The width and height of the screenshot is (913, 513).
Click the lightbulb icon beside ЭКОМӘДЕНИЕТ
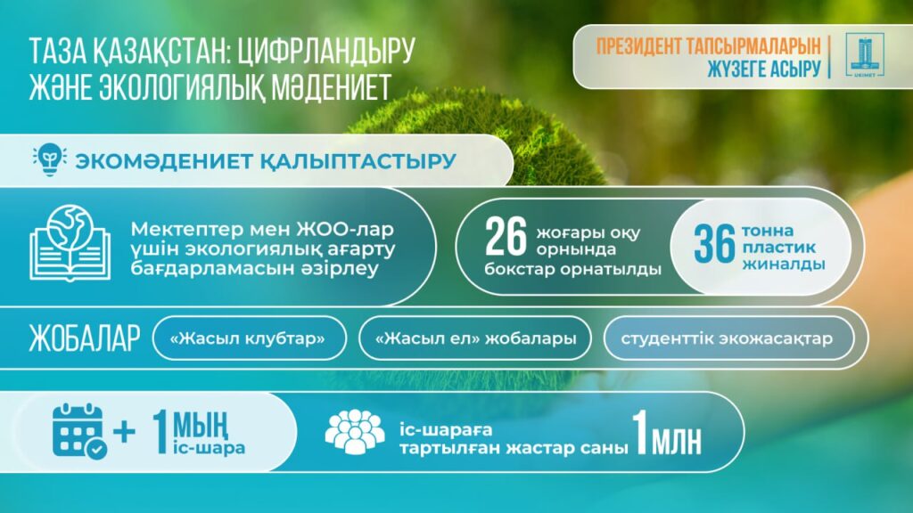point(50,159)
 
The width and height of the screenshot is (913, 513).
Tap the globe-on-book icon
point(70,242)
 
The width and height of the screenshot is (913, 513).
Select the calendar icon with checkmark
point(79,431)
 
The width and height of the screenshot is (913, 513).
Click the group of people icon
point(355,432)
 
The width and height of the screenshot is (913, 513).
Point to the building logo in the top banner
point(865,55)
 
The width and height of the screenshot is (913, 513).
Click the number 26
point(506,237)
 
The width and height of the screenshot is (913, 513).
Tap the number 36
point(714,244)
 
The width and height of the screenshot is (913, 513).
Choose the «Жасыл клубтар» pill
point(250,338)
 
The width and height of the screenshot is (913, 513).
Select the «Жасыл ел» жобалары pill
point(475,338)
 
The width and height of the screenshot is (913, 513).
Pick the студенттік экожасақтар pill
point(728,338)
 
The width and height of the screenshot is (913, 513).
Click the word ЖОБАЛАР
point(85,338)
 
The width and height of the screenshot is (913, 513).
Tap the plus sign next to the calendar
point(124,432)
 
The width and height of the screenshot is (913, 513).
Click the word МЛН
point(676,443)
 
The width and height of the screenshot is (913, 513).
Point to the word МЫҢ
point(200,427)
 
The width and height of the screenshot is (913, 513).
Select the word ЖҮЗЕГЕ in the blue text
point(736,69)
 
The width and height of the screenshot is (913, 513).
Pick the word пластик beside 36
point(778,248)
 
